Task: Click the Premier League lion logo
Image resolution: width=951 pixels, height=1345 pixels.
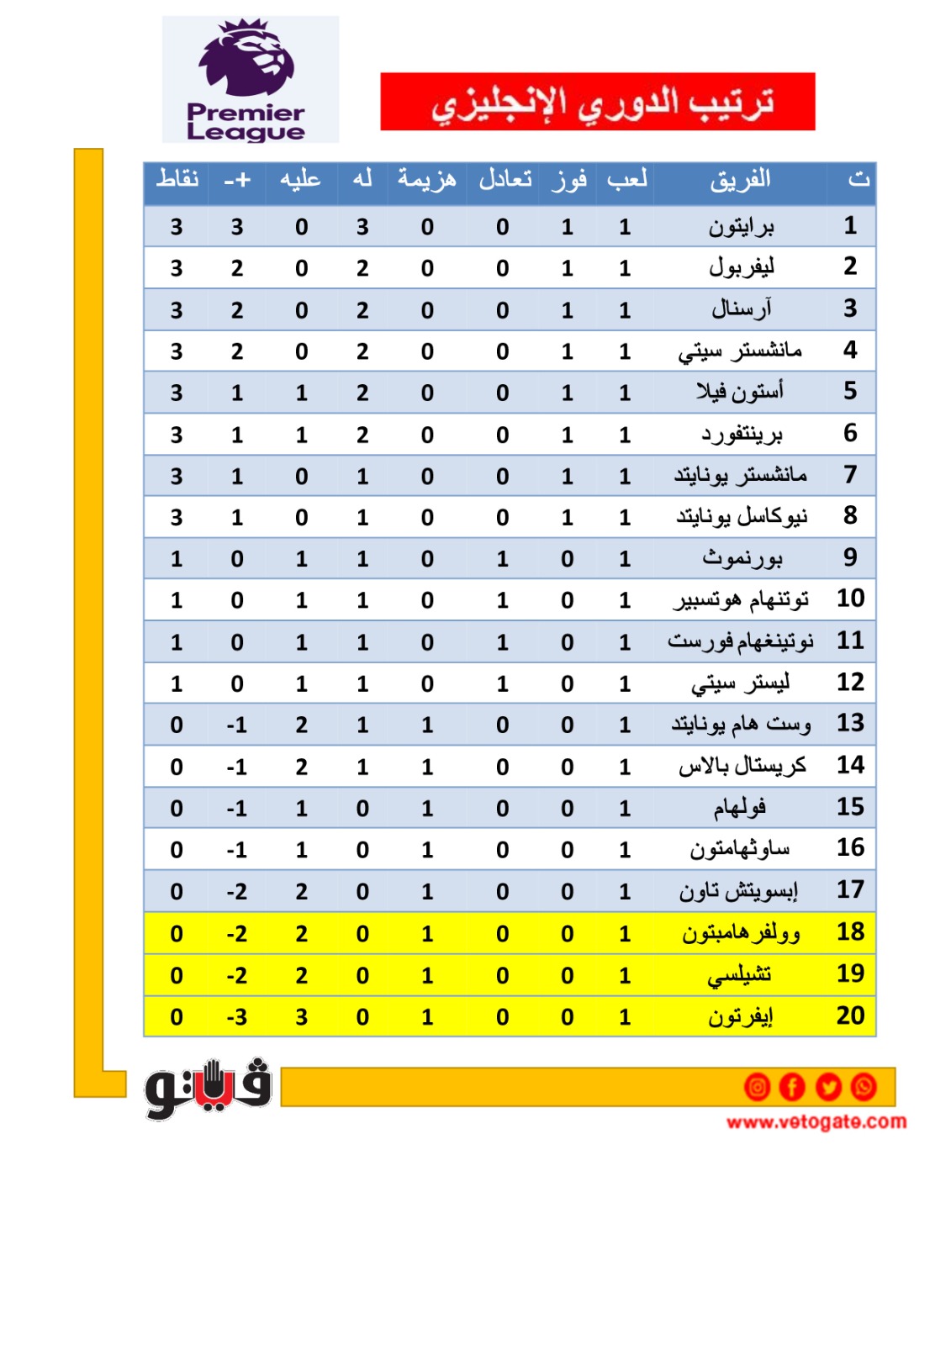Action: click(246, 59)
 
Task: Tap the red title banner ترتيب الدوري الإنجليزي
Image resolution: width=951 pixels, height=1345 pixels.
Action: click(597, 102)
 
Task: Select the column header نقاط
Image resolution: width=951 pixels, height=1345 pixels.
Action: click(177, 179)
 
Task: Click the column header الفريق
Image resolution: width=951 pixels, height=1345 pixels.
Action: click(740, 180)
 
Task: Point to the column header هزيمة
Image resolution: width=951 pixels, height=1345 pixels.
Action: click(427, 179)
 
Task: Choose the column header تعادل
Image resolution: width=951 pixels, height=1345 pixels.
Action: click(505, 179)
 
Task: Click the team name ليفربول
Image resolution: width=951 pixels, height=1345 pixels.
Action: click(741, 268)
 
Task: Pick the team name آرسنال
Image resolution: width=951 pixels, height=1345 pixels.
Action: click(741, 309)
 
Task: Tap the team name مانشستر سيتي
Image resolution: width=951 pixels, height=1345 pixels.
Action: click(740, 351)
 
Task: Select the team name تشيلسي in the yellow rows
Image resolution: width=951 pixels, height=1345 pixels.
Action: click(740, 975)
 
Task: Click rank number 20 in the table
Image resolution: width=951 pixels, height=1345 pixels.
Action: click(850, 1016)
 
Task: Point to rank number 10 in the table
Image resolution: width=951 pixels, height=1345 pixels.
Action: click(850, 599)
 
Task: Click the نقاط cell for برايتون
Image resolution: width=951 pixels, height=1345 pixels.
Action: click(177, 227)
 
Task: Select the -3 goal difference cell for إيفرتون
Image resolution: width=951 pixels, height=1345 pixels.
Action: click(237, 1017)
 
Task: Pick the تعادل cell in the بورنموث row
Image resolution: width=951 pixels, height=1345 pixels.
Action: click(502, 559)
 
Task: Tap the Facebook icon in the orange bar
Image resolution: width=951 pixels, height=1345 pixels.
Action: click(792, 1087)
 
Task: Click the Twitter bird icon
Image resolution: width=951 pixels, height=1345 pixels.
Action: click(828, 1087)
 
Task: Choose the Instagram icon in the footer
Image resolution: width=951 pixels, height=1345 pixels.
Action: click(757, 1087)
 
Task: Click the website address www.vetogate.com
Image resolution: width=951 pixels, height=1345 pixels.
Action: click(816, 1121)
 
